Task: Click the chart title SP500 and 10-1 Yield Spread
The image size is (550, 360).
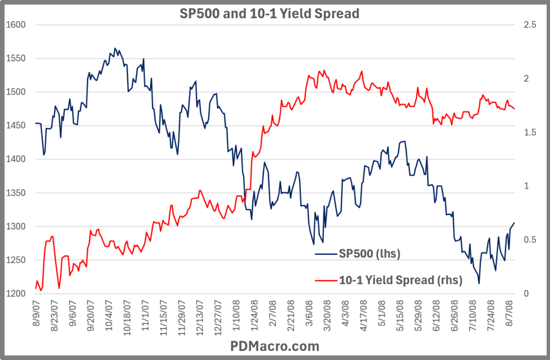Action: click(269, 13)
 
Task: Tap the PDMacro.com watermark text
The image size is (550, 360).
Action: click(274, 345)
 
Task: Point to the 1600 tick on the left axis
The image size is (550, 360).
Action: click(15, 25)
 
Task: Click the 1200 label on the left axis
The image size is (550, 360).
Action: click(15, 294)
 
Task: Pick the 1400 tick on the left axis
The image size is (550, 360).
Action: click(15, 159)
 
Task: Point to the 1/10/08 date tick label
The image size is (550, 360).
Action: click(236, 319)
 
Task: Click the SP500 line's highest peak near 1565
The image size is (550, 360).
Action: click(115, 48)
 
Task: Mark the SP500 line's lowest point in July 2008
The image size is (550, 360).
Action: click(479, 284)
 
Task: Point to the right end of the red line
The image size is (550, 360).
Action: click(515, 109)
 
